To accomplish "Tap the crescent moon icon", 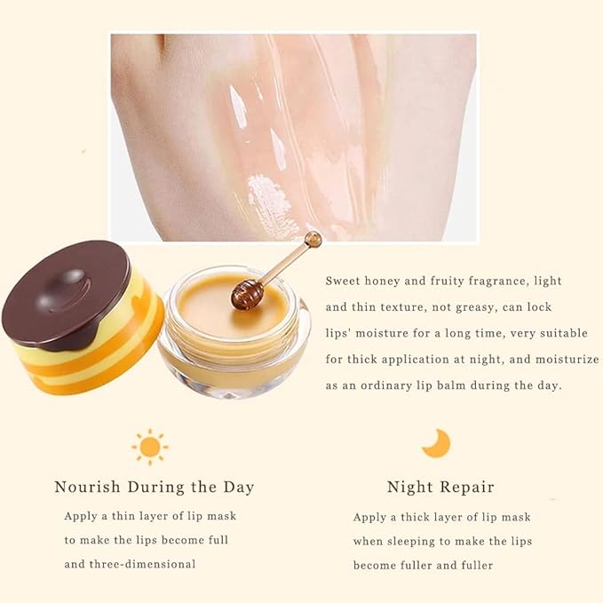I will [436, 442].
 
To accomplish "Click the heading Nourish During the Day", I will [155, 487].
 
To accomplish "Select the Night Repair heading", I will [440, 487].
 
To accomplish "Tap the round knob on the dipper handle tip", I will [313, 239].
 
